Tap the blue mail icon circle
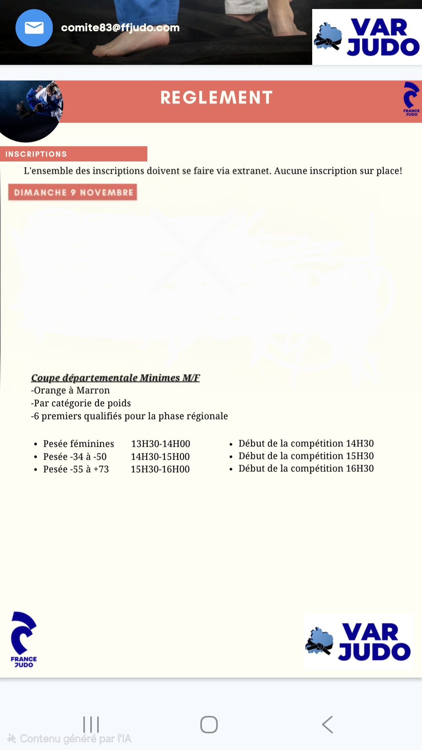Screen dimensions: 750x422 34,28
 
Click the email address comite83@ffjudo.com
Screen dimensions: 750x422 120,28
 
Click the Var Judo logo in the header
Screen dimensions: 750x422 367,37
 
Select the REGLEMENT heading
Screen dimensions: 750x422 216,98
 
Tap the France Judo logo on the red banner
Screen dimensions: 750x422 411,99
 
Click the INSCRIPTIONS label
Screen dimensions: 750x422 36,154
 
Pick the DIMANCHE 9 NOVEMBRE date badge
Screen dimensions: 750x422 73,192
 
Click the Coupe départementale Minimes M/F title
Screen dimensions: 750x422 115,378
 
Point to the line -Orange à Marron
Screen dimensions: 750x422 70,391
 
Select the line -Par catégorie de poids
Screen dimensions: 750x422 81,403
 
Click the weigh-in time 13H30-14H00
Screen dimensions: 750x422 161,444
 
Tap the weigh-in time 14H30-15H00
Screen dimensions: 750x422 160,457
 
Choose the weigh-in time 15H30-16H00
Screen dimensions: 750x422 160,469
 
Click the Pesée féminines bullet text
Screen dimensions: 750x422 79,444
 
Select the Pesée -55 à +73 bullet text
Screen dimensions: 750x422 76,469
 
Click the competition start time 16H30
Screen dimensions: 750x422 360,468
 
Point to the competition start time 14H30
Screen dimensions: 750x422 360,443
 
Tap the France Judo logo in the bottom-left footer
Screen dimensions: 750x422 24,640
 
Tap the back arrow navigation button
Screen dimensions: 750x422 327,725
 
